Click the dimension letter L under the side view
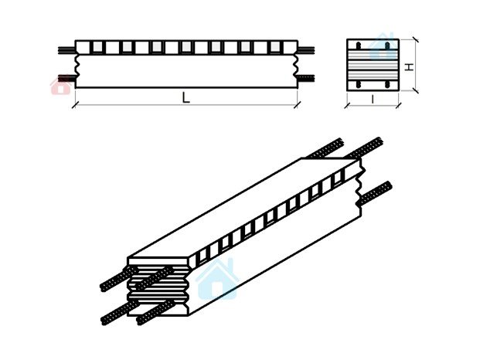click(x=186, y=98)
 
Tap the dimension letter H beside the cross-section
click(x=410, y=66)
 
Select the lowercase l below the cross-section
click(x=373, y=100)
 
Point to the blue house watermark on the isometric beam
click(x=217, y=278)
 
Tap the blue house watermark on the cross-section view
click(x=382, y=46)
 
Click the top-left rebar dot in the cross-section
click(x=359, y=46)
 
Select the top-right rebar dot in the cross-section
click(x=387, y=46)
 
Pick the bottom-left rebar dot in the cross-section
click(x=359, y=83)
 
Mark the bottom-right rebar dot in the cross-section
click(x=387, y=83)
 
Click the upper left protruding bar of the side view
click(x=66, y=50)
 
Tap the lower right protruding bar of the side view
click(x=305, y=78)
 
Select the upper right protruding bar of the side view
click(x=305, y=50)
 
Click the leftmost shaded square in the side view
click(x=97, y=47)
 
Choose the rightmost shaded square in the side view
click(x=275, y=47)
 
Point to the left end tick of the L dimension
click(x=75, y=105)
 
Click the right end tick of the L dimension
click(x=298, y=105)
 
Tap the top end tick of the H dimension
click(x=415, y=39)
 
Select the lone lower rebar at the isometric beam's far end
click(x=375, y=194)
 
